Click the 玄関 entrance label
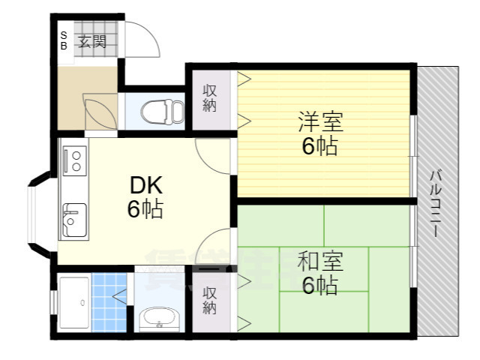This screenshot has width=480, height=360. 94,41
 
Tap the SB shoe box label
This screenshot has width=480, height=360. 64,40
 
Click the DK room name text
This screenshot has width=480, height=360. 145,185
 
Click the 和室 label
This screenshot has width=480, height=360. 320,262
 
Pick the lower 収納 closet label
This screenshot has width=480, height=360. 210,299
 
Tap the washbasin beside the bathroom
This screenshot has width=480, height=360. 158,319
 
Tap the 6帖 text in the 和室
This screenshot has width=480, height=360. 320,286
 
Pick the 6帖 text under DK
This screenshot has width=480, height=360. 145,209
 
